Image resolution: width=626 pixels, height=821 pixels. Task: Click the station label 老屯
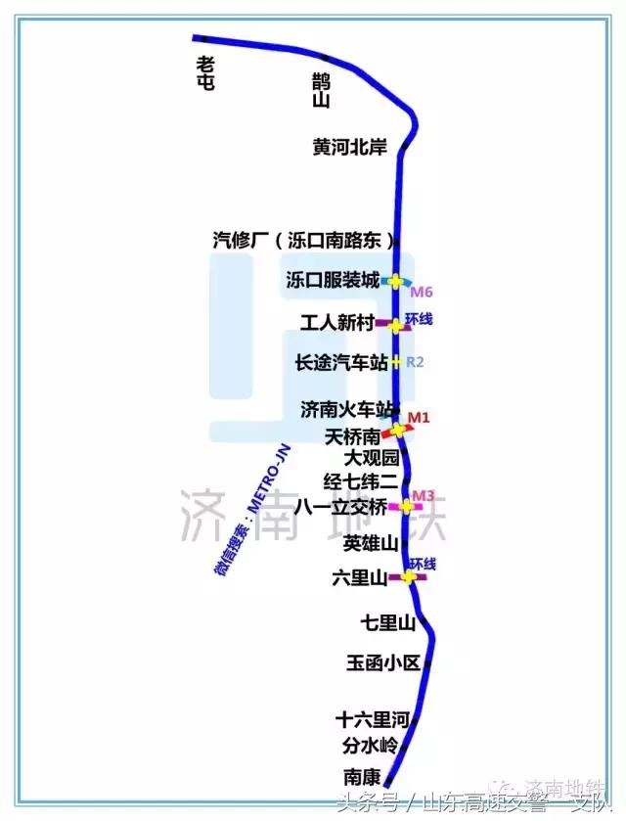pyautogui.click(x=205, y=73)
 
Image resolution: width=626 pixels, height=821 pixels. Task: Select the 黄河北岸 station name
pyautogui.click(x=350, y=148)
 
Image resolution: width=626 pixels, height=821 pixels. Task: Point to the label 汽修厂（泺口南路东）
pyautogui.click(x=304, y=241)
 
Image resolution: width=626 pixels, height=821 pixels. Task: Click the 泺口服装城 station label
pyautogui.click(x=333, y=281)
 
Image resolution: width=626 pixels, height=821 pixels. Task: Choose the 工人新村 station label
pyautogui.click(x=337, y=323)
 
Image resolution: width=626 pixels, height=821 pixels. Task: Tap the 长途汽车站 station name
pyautogui.click(x=342, y=362)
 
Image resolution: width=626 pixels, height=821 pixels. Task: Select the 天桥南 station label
pyautogui.click(x=352, y=435)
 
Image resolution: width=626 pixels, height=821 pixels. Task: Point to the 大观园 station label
pyautogui.click(x=372, y=457)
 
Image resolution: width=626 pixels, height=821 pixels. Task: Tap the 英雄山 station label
pyautogui.click(x=371, y=542)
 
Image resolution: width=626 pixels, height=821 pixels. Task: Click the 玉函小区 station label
pyautogui.click(x=382, y=663)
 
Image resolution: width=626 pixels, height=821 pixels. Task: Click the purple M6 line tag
pyautogui.click(x=421, y=293)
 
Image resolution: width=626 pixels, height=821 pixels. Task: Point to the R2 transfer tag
pyautogui.click(x=415, y=362)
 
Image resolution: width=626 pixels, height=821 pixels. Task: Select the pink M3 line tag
pyautogui.click(x=423, y=495)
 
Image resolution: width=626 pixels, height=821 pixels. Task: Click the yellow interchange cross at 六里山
pyautogui.click(x=409, y=577)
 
